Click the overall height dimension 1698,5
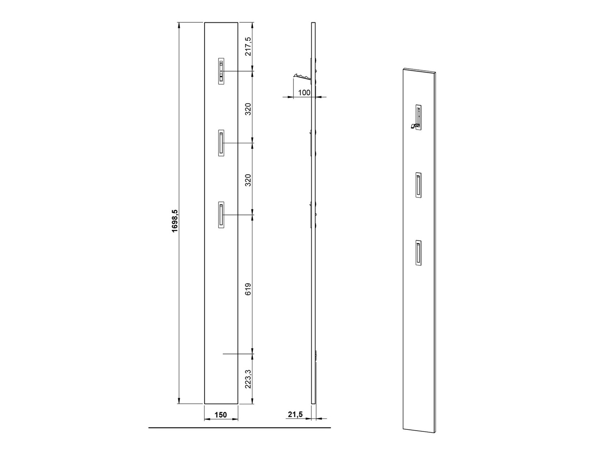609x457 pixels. click(x=175, y=221)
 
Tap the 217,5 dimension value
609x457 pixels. click(x=248, y=47)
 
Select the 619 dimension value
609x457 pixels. click(x=248, y=289)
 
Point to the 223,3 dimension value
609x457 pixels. click(x=248, y=379)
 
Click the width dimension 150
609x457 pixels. click(x=220, y=415)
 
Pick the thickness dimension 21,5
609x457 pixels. click(x=295, y=414)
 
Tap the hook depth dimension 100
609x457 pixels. click(x=304, y=92)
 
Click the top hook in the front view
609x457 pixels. click(x=221, y=71)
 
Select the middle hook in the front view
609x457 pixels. click(x=221, y=143)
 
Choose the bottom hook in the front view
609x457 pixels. click(x=221, y=215)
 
